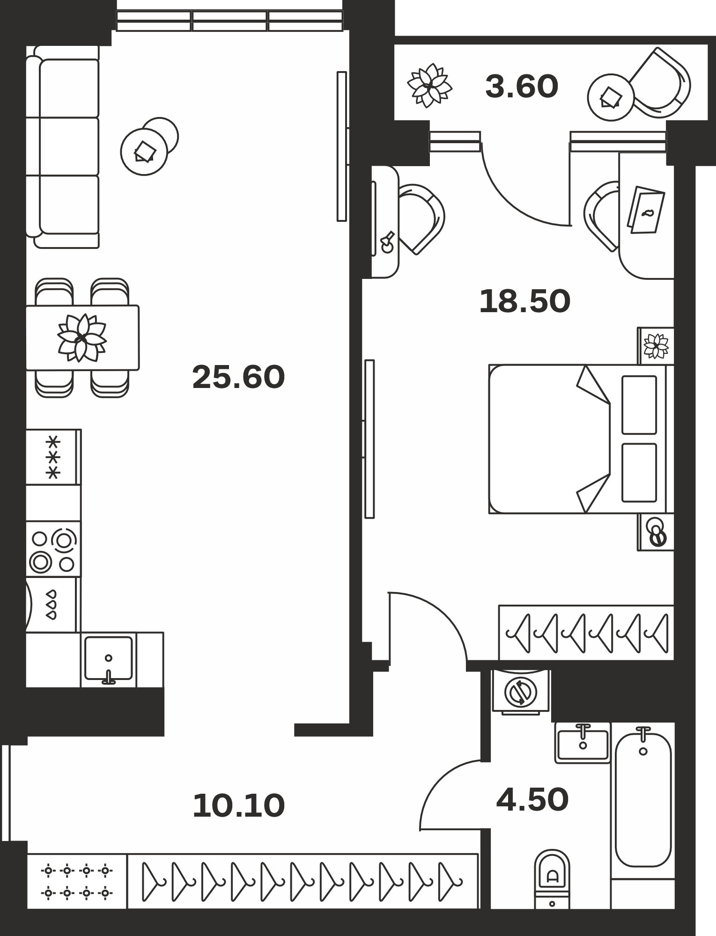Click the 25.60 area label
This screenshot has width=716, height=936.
click(238, 377)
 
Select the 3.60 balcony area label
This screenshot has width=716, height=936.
click(522, 87)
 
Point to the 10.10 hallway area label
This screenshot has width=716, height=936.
click(238, 805)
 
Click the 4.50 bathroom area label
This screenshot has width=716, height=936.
click(532, 799)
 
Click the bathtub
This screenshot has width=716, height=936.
click(643, 800)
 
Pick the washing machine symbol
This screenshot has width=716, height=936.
click(521, 692)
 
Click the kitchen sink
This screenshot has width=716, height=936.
click(108, 658)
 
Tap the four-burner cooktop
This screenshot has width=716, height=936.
click(53, 550)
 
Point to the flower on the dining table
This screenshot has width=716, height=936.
click(82, 337)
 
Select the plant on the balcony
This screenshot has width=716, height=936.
click(429, 86)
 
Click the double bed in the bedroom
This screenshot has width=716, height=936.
click(581, 439)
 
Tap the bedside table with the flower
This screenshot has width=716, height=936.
click(656, 346)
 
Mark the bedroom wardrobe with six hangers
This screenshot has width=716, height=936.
click(586, 633)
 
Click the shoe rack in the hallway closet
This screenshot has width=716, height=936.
click(77, 882)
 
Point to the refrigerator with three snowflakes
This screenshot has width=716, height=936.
click(53, 457)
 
